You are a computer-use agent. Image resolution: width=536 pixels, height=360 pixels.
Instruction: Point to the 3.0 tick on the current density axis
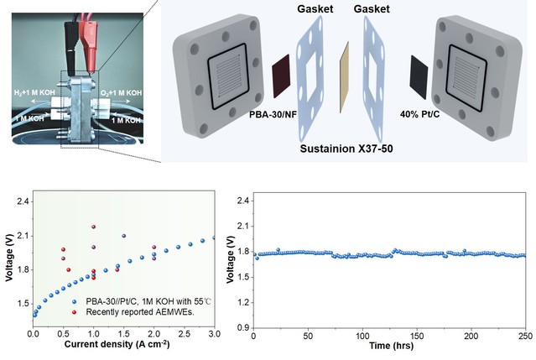point(214,335)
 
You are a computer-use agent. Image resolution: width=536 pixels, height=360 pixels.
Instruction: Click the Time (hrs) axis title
point(389,346)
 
